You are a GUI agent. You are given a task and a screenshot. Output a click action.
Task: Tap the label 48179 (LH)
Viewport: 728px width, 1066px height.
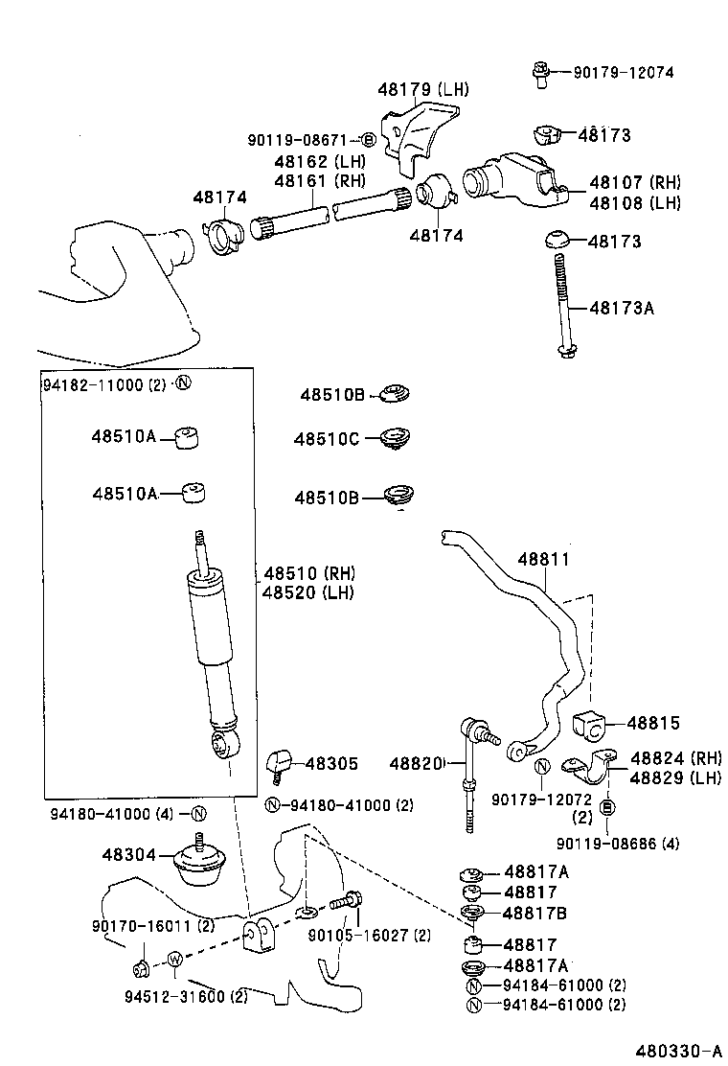[423, 89]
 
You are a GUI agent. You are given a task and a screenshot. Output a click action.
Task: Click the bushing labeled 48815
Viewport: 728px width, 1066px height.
[590, 726]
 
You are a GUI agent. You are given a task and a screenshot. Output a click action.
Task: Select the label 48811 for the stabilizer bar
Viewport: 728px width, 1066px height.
[543, 559]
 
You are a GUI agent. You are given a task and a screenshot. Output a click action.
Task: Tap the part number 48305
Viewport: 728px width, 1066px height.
[330, 764]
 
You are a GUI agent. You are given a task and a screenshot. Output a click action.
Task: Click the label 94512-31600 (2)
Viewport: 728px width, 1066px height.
[186, 996]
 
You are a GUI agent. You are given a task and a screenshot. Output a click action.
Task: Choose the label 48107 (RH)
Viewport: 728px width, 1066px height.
[635, 182]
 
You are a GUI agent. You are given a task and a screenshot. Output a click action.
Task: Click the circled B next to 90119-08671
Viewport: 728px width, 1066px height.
[369, 140]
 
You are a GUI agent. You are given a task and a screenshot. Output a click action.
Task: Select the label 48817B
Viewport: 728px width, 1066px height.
[535, 913]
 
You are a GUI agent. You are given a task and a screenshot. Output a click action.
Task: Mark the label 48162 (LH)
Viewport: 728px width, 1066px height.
[313, 161]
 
